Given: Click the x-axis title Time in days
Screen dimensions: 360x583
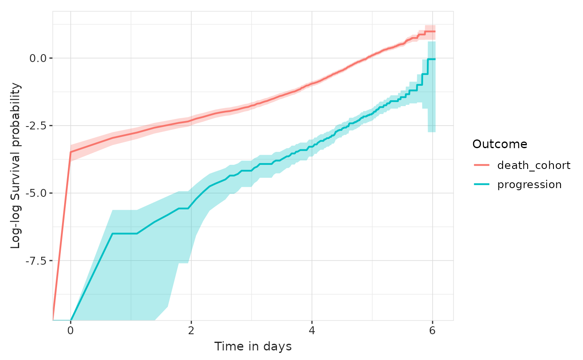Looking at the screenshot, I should pyautogui.click(x=253, y=347).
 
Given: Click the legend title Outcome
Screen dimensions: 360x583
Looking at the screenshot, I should pyautogui.click(x=500, y=144).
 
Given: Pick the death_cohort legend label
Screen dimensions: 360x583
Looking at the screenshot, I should pyautogui.click(x=534, y=165).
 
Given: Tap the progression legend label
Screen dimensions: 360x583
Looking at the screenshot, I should pyautogui.click(x=530, y=184).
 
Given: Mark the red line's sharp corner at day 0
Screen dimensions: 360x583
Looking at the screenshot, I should pyautogui.click(x=71, y=152).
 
